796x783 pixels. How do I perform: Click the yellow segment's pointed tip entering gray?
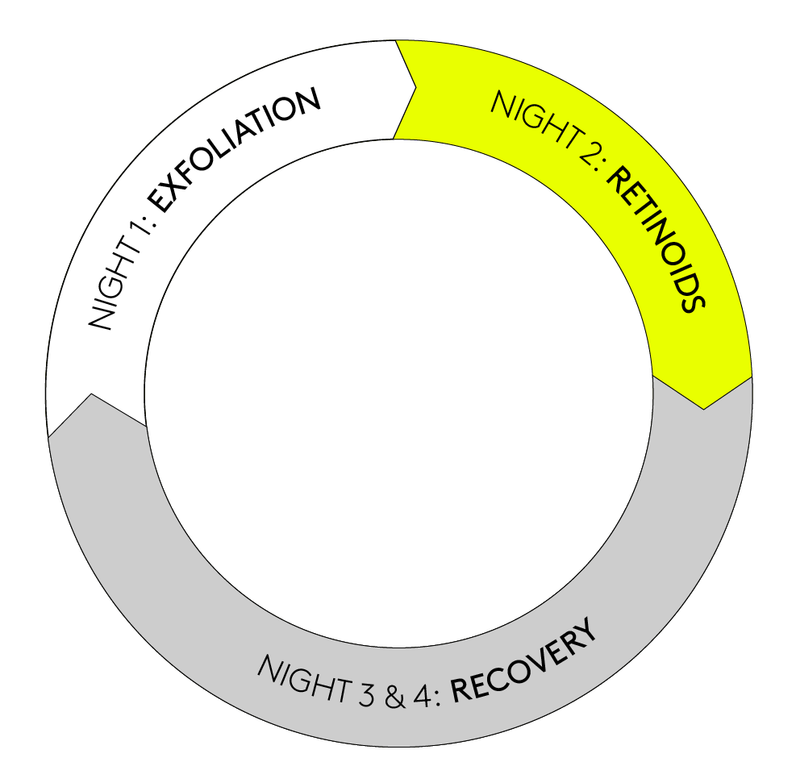(x=704, y=406)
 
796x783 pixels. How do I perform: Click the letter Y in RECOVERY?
(x=590, y=631)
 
